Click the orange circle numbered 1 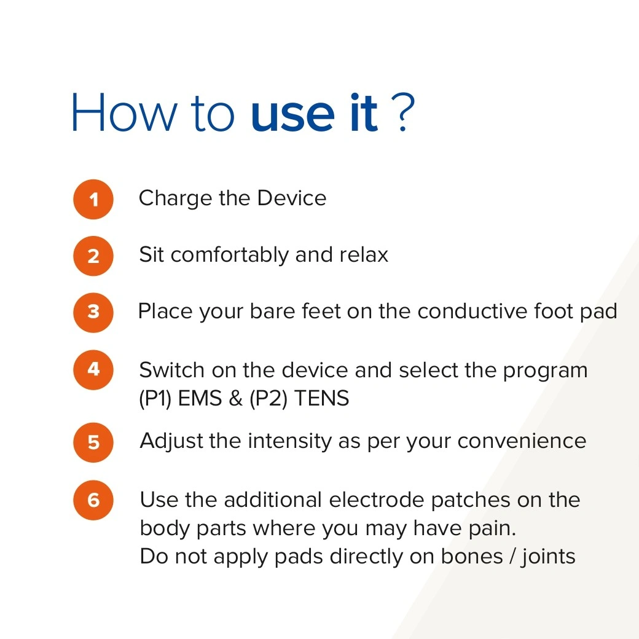[93, 199]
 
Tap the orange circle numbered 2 [93, 256]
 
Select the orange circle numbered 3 [93, 313]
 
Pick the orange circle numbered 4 [93, 370]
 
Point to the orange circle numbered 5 [93, 442]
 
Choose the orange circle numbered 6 [93, 500]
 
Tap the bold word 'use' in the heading [292, 117]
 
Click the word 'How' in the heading [124, 112]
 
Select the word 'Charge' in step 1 [175, 199]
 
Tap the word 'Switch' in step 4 [171, 370]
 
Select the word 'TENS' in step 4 [321, 398]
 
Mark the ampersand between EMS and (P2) [235, 398]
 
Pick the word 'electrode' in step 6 [377, 500]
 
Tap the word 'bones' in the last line [472, 557]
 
